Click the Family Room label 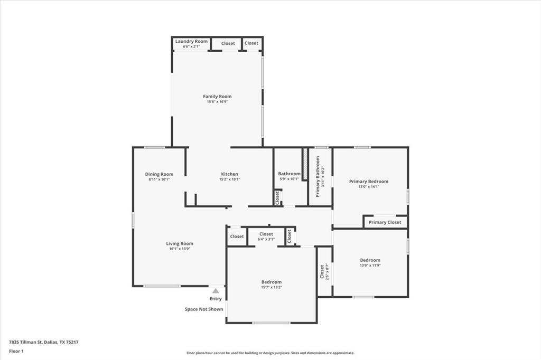click(217, 97)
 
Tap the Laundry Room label click(191, 41)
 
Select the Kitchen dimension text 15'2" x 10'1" click(229, 179)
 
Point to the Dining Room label click(159, 174)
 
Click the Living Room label click(180, 244)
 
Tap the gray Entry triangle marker click(216, 290)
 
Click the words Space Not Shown click(204, 309)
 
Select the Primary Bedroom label click(368, 182)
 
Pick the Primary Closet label click(385, 222)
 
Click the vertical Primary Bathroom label click(318, 176)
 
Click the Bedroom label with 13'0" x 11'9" click(370, 260)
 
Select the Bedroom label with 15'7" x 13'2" click(271, 282)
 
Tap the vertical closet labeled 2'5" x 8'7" click(323, 272)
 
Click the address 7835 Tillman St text click(44, 342)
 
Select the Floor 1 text click(16, 351)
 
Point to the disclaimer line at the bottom click(270, 353)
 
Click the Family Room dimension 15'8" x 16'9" click(217, 101)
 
